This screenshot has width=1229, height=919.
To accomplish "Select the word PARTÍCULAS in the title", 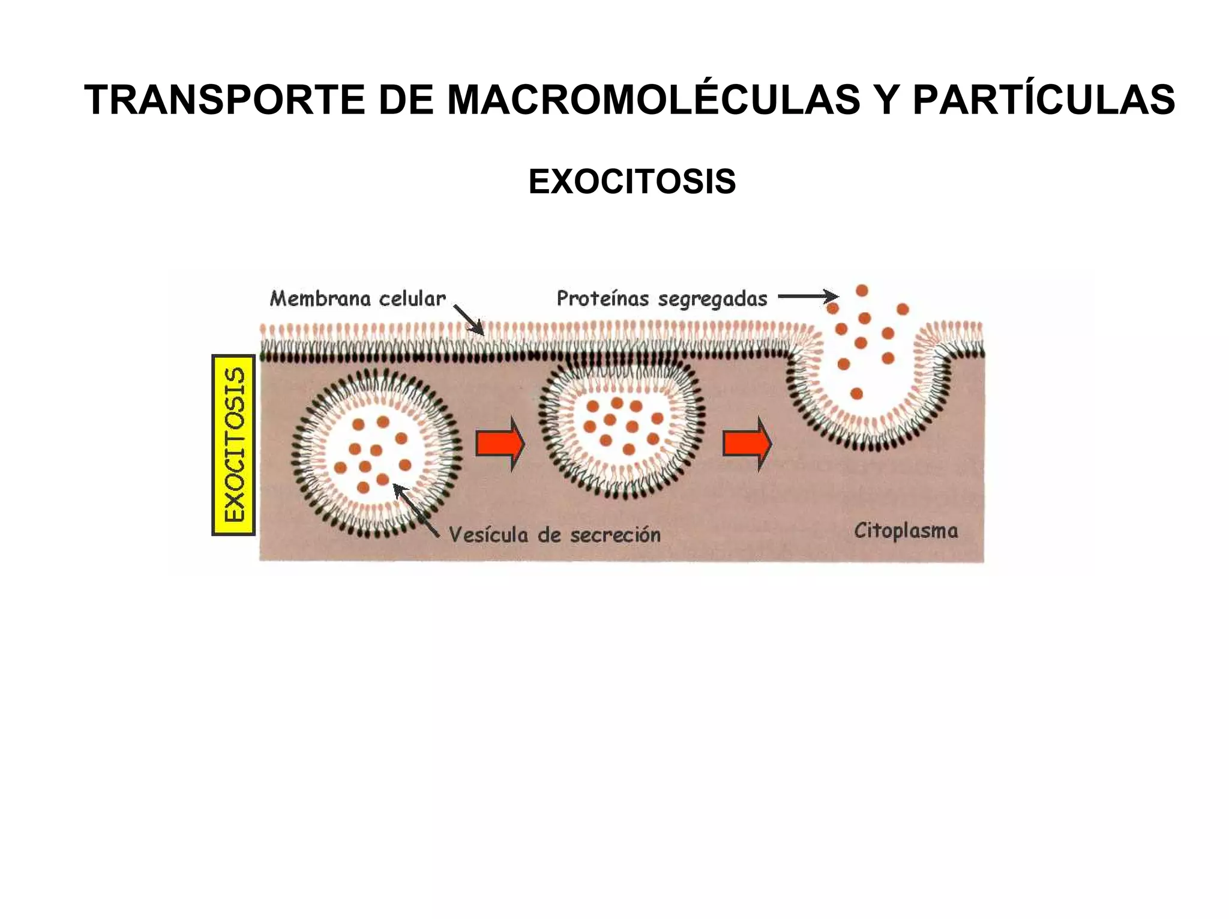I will [x=1044, y=100].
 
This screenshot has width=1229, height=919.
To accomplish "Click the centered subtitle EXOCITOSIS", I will [x=632, y=181].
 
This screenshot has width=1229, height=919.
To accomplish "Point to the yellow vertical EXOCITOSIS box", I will [x=234, y=445].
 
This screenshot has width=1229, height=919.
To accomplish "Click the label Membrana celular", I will [x=358, y=298].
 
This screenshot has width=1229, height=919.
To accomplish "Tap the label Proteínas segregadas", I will [x=662, y=298].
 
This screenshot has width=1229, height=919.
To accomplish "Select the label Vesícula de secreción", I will [x=554, y=534].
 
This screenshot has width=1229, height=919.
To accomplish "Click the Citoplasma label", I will [x=906, y=531].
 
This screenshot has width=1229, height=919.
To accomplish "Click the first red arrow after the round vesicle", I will [x=499, y=444].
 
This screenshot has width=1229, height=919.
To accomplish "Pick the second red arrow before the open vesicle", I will [x=747, y=444].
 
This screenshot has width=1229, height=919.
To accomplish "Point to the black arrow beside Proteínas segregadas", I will [x=808, y=296].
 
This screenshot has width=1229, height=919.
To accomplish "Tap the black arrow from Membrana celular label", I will [x=468, y=319].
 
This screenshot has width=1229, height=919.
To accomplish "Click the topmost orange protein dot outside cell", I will [x=862, y=291].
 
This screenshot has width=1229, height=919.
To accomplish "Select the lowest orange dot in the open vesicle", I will [x=856, y=394].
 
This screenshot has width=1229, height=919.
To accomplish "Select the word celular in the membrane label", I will [x=414, y=298].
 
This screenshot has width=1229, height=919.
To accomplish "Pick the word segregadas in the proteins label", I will [x=712, y=298].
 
